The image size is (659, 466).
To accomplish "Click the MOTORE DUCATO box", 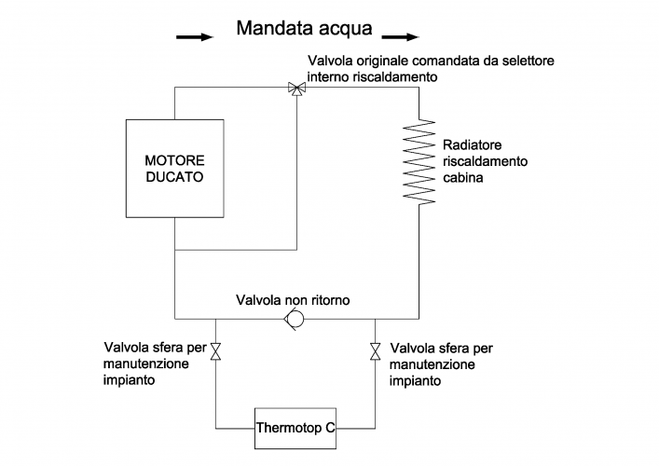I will (174, 167).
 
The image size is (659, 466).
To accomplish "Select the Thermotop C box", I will (295, 429).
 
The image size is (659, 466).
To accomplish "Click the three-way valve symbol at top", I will (296, 89).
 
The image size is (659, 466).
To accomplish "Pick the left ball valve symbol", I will (215, 351).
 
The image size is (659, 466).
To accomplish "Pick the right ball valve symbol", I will (375, 351).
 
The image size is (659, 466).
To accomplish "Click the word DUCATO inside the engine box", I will (174, 175).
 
